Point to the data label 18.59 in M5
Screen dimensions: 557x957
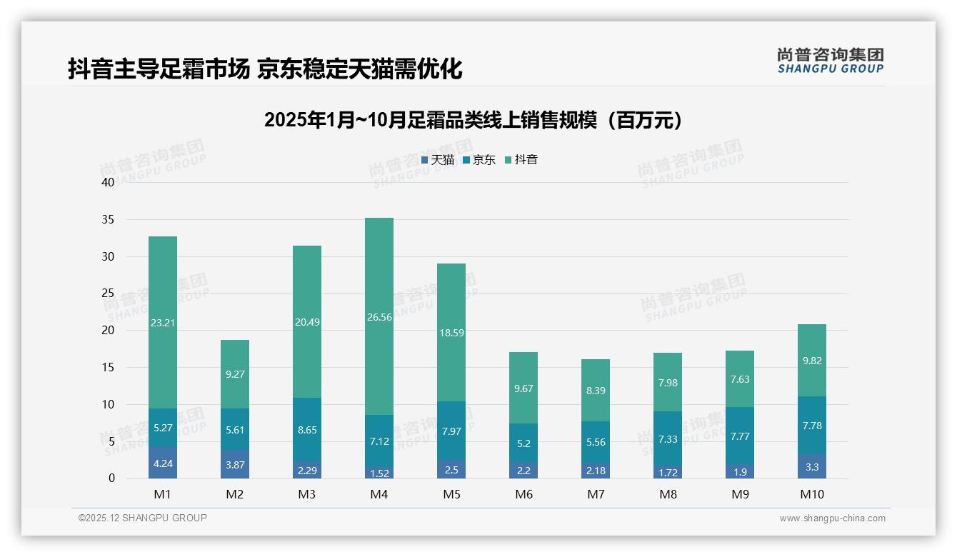pyautogui.click(x=451, y=333)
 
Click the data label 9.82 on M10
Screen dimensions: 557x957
pyautogui.click(x=812, y=361)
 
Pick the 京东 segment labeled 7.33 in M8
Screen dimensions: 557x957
pyautogui.click(x=668, y=438)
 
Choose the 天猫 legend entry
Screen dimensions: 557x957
pyautogui.click(x=438, y=160)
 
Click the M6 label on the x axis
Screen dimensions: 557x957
pyautogui.click(x=523, y=494)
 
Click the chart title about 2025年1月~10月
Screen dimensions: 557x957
pyautogui.click(x=473, y=120)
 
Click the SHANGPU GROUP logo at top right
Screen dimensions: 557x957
pyautogui.click(x=830, y=60)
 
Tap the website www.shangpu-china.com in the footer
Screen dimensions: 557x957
pyautogui.click(x=832, y=518)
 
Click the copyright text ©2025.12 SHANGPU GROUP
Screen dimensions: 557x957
pyautogui.click(x=143, y=518)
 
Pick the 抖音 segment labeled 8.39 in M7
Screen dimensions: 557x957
pyautogui.click(x=596, y=390)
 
